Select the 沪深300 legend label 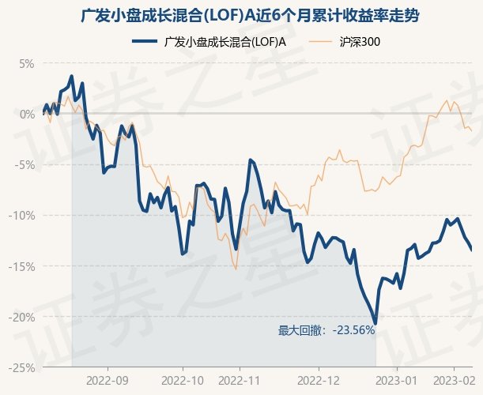pyautogui.click(x=359, y=42)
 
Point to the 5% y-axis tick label pyautogui.click(x=26, y=63)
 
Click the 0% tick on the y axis pyautogui.click(x=26, y=114)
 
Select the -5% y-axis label pyautogui.click(x=25, y=164)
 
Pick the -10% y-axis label pyautogui.click(x=22, y=215)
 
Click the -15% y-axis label pyautogui.click(x=22, y=265)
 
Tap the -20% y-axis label pyautogui.click(x=22, y=316)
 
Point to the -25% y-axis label pyautogui.click(x=22, y=367)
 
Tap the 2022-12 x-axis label pyautogui.click(x=318, y=380)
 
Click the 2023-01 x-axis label pyautogui.click(x=395, y=380)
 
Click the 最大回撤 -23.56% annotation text pyautogui.click(x=326, y=330)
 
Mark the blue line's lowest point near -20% pyautogui.click(x=375, y=322)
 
